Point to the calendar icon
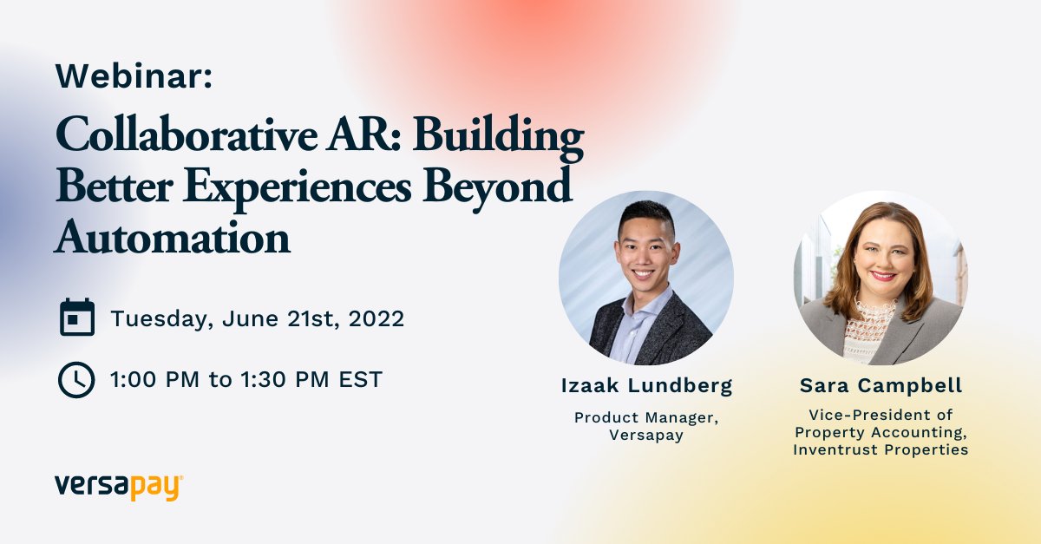pyautogui.click(x=76, y=318)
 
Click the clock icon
pyautogui.click(x=76, y=379)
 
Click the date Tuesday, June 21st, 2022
pyautogui.click(x=257, y=318)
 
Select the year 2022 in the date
pyautogui.click(x=376, y=318)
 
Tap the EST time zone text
pyautogui.click(x=363, y=379)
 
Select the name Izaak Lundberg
pyautogui.click(x=646, y=385)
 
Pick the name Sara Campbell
pyautogui.click(x=881, y=385)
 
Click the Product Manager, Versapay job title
pyautogui.click(x=646, y=426)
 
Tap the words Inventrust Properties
pyautogui.click(x=881, y=449)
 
